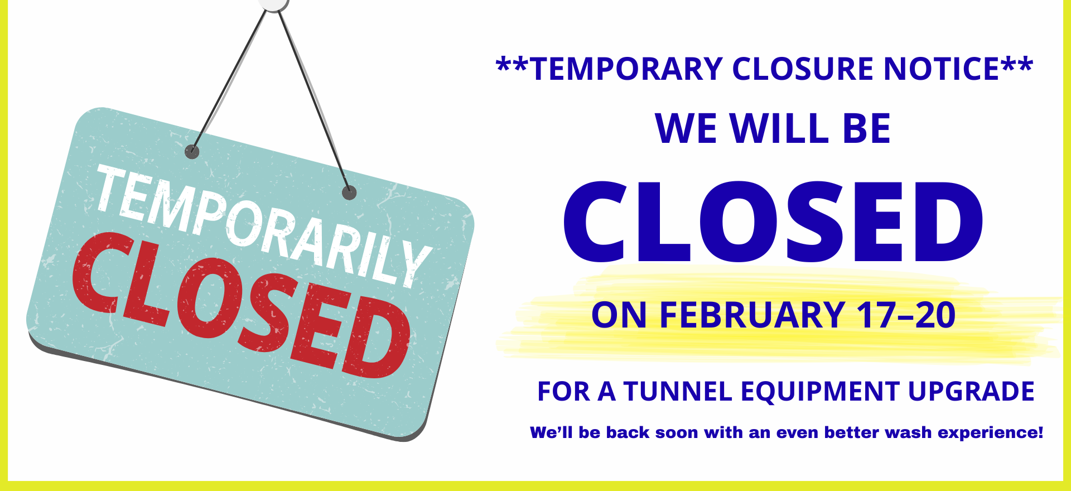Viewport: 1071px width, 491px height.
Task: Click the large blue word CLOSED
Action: click(x=773, y=222)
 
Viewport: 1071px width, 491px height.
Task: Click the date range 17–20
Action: click(x=906, y=315)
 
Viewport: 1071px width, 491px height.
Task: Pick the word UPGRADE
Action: click(x=971, y=392)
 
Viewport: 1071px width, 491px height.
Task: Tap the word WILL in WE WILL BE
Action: click(x=780, y=129)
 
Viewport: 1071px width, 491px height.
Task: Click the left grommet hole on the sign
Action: click(x=192, y=151)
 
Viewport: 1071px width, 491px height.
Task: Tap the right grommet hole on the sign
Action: click(x=349, y=193)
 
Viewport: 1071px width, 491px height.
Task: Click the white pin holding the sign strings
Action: click(x=273, y=3)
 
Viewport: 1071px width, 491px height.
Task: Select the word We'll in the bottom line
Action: click(x=551, y=432)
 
